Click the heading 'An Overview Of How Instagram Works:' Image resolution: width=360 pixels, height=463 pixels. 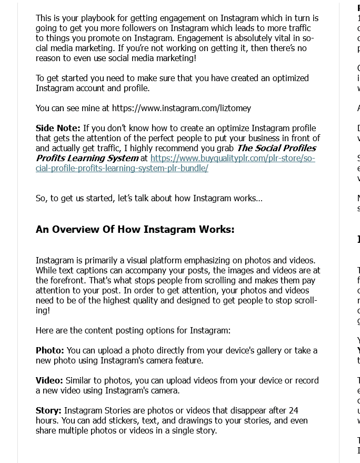[x=135, y=230]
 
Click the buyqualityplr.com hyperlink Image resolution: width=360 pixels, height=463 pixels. [x=232, y=158]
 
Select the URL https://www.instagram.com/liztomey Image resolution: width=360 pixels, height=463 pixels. [x=181, y=108]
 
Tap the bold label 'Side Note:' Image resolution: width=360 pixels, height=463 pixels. [x=58, y=128]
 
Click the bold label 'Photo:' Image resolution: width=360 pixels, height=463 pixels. [x=50, y=350]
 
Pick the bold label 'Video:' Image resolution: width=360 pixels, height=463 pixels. [x=49, y=380]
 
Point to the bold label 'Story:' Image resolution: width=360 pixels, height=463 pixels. [x=48, y=410]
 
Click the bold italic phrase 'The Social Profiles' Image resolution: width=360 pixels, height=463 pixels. [x=276, y=148]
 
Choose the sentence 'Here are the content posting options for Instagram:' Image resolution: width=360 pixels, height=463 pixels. [x=133, y=330]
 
